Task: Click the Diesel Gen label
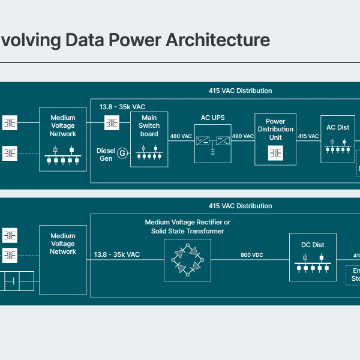click(x=106, y=154)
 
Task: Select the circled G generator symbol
click(x=122, y=154)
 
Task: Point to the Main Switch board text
click(x=149, y=126)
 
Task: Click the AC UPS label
click(x=213, y=118)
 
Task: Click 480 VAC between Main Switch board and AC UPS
click(x=181, y=136)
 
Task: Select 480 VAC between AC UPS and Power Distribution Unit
click(x=243, y=136)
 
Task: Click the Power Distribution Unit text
click(x=275, y=129)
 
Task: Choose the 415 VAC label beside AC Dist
click(x=309, y=136)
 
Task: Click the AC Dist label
click(x=338, y=127)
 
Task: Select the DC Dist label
click(x=313, y=245)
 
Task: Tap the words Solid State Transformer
click(x=188, y=231)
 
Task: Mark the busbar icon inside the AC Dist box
click(x=338, y=148)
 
